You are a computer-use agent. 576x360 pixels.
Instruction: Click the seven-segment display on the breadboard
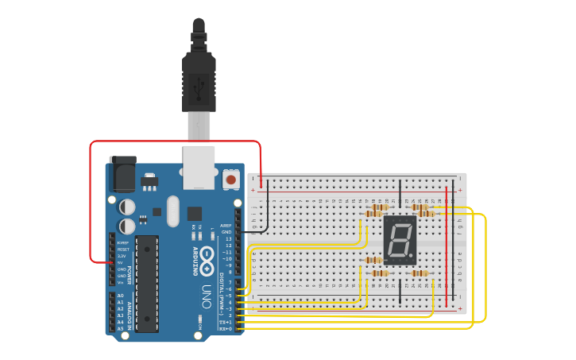(x=400, y=240)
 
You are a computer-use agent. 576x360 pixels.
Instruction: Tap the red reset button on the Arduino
(x=231, y=180)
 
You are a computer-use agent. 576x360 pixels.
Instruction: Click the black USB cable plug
(x=199, y=75)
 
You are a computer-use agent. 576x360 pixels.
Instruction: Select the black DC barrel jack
(x=122, y=173)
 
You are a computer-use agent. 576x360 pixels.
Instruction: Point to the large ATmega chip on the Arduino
(x=147, y=282)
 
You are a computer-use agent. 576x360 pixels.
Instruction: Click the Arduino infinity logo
(x=207, y=259)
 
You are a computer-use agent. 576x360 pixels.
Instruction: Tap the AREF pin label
(x=226, y=226)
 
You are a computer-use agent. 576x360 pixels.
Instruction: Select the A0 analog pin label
(x=121, y=296)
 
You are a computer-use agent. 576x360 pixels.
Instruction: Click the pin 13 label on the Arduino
(x=228, y=239)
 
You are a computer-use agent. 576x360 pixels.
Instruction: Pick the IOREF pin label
(x=122, y=242)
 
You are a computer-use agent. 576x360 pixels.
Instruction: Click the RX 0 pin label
(x=226, y=328)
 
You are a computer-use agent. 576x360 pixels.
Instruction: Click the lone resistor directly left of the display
(x=373, y=260)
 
